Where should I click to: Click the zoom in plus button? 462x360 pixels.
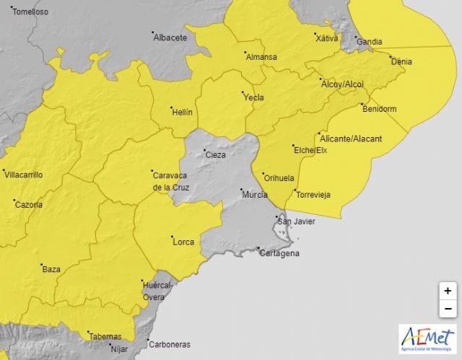click(448, 291)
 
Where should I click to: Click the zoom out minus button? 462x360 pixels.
click(448, 308)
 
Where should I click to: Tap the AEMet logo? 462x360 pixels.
click(428, 339)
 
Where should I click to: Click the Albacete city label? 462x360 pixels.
click(170, 38)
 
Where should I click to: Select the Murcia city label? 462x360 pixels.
click(256, 195)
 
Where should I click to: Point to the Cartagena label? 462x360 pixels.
click(279, 253)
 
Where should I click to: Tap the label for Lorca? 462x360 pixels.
click(183, 242)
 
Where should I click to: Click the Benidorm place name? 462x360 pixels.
click(379, 109)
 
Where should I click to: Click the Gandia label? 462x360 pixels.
click(369, 41)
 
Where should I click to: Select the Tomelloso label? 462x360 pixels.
click(30, 12)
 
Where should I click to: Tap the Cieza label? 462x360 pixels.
click(216, 155)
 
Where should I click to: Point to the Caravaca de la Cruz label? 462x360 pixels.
click(170, 181)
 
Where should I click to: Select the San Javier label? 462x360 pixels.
click(297, 221)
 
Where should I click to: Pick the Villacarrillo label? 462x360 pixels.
click(24, 175)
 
